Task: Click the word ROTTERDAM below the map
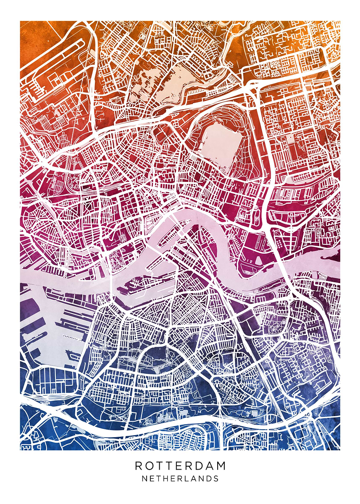180,466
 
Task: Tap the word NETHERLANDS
180,478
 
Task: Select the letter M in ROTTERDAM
221,466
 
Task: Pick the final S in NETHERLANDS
216,478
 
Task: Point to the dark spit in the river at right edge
332,254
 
